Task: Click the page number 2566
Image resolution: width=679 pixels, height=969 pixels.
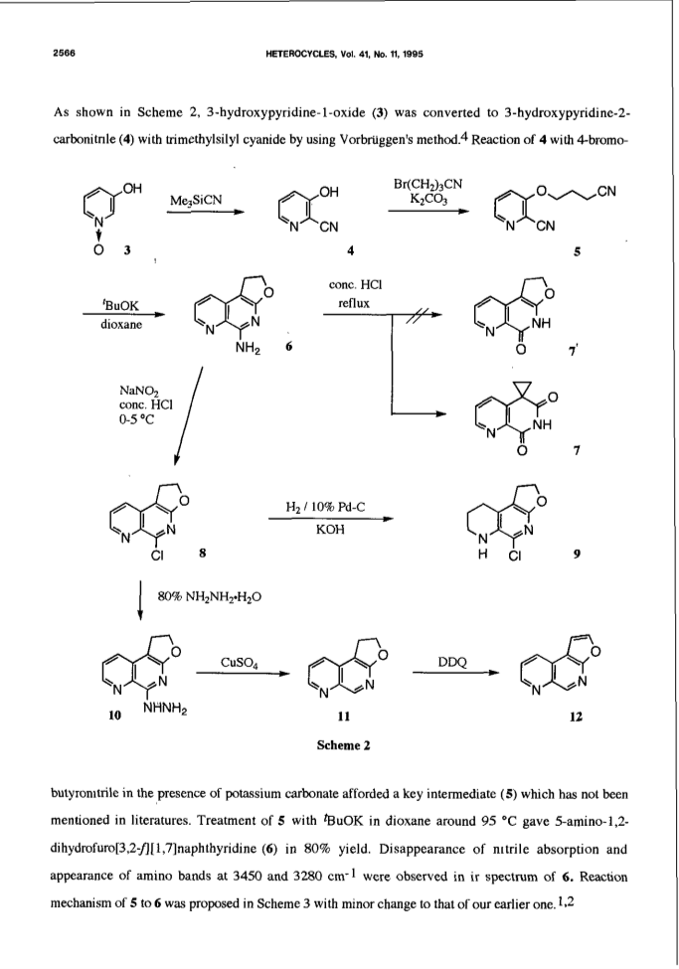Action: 65,54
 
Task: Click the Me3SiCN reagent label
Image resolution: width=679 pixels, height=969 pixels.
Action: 196,200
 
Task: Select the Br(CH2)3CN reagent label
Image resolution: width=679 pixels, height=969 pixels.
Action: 427,184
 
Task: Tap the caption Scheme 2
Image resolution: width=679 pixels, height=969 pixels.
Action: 343,745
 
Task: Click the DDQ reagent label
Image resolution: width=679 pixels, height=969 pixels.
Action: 451,663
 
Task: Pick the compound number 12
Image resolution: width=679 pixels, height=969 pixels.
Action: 576,717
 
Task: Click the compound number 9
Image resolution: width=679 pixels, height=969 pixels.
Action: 577,555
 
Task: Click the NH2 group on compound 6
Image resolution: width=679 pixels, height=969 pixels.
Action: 248,351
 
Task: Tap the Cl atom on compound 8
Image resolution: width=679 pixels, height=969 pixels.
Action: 157,555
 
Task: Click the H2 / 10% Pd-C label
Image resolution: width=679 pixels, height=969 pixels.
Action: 325,508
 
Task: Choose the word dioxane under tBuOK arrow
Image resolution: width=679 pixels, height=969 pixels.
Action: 121,324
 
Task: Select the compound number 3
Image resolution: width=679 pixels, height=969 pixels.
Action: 127,249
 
